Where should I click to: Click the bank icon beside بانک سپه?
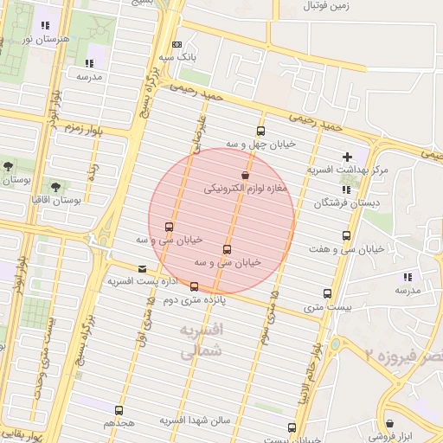pyautogui.click(x=177, y=44)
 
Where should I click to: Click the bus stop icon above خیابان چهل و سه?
pyautogui.click(x=260, y=131)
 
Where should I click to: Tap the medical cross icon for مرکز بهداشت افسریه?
pyautogui.click(x=347, y=157)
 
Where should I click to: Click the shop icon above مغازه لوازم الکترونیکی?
pyautogui.click(x=246, y=175)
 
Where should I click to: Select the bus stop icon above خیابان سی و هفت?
pyautogui.click(x=347, y=235)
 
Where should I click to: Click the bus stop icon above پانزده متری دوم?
pyautogui.click(x=194, y=286)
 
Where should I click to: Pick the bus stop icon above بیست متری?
pyautogui.click(x=327, y=293)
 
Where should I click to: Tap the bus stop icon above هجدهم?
pyautogui.click(x=119, y=410)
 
